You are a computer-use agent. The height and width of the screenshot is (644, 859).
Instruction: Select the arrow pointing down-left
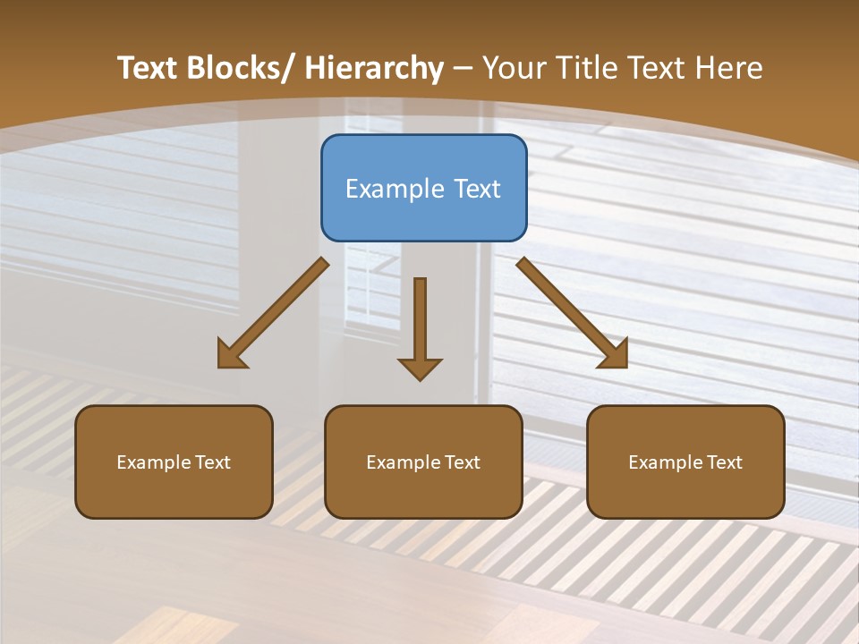click(x=273, y=313)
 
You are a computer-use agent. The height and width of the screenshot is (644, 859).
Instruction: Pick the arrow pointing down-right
click(x=573, y=313)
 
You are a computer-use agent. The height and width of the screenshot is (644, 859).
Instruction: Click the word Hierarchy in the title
click(x=375, y=68)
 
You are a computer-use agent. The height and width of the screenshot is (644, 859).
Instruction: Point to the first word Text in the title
click(x=149, y=68)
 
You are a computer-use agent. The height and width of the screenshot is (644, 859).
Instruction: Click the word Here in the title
click(x=730, y=68)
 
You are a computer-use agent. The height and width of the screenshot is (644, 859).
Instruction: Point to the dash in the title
click(x=463, y=68)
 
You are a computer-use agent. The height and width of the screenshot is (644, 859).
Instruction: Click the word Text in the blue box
click(x=476, y=189)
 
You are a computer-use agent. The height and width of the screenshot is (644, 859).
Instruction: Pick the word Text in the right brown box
click(x=723, y=462)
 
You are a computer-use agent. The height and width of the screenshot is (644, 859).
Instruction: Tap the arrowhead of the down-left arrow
click(x=230, y=355)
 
